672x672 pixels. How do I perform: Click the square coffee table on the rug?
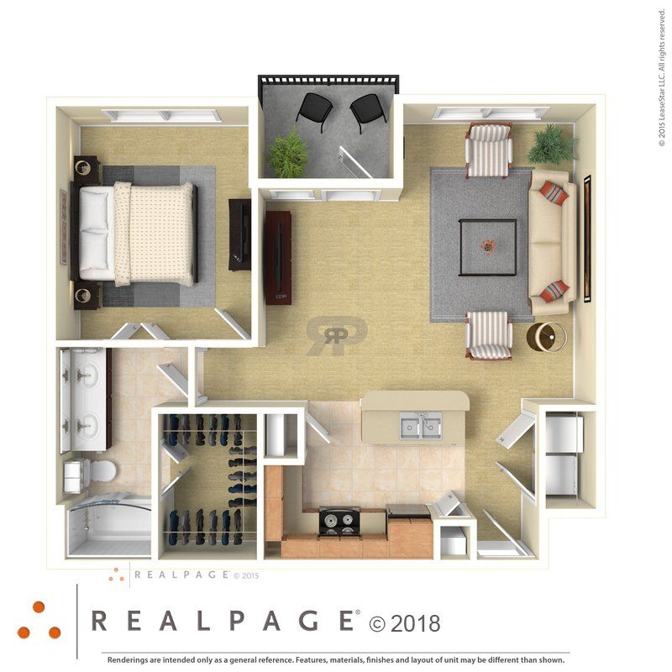pos(488,247)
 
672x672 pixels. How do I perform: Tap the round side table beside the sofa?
pos(546,337)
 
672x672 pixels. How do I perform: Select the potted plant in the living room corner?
pos(551,144)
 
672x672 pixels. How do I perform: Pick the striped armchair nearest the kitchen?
pos(489,334)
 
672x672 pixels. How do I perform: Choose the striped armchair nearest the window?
pos(489,150)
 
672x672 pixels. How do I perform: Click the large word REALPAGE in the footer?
pos(222,622)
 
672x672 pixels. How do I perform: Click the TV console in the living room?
pos(278,256)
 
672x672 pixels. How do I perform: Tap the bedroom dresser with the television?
pos(240,234)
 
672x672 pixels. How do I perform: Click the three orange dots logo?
pos(38,622)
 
